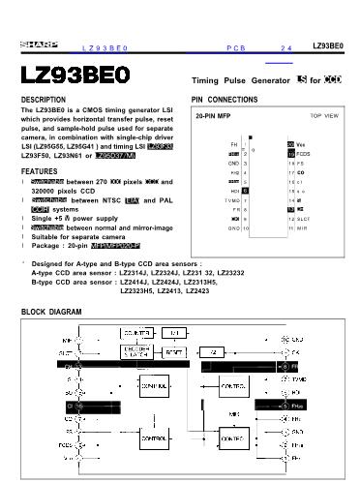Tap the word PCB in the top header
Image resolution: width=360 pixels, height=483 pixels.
tap(235, 46)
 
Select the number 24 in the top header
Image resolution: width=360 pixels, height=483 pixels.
tap(285, 46)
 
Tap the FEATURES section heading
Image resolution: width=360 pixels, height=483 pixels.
tap(39, 171)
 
